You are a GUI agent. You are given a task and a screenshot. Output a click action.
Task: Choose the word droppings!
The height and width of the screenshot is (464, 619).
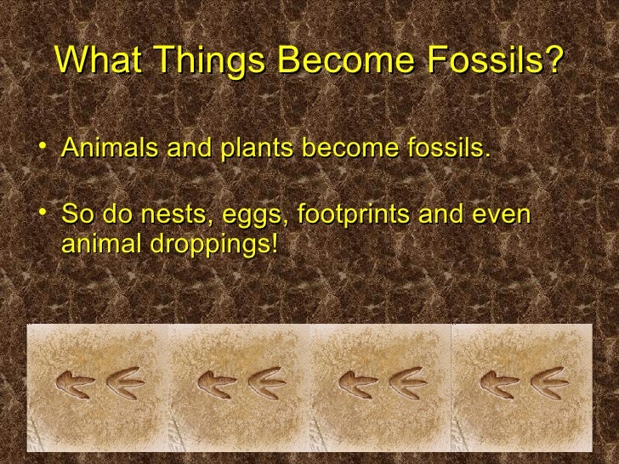[x=213, y=246]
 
